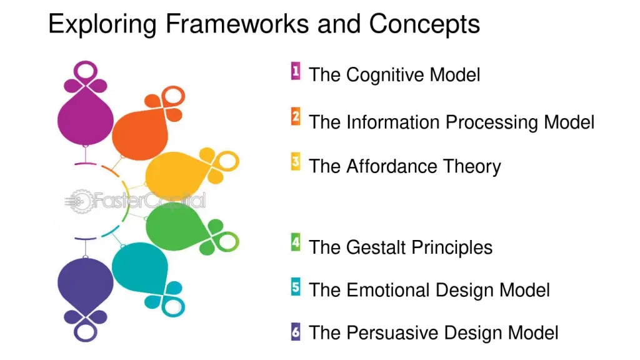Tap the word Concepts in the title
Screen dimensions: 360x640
pos(424,24)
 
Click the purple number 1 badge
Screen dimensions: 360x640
pos(296,71)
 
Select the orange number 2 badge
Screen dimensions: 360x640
pos(296,117)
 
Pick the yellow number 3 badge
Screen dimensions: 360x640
pos(296,162)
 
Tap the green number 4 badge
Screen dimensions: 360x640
pos(296,242)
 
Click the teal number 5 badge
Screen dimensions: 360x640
pos(296,287)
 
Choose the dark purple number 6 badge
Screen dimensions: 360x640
pos(296,332)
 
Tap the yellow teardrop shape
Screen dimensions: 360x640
pos(172,174)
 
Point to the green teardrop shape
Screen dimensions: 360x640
pos(173,227)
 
